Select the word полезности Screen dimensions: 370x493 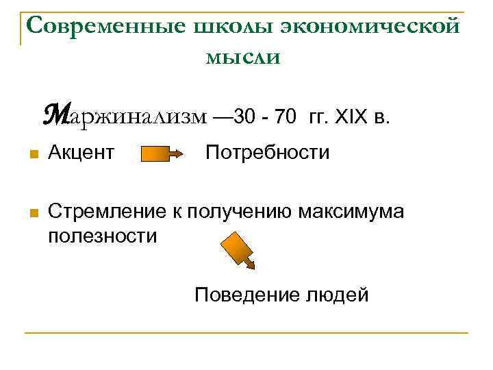103,236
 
